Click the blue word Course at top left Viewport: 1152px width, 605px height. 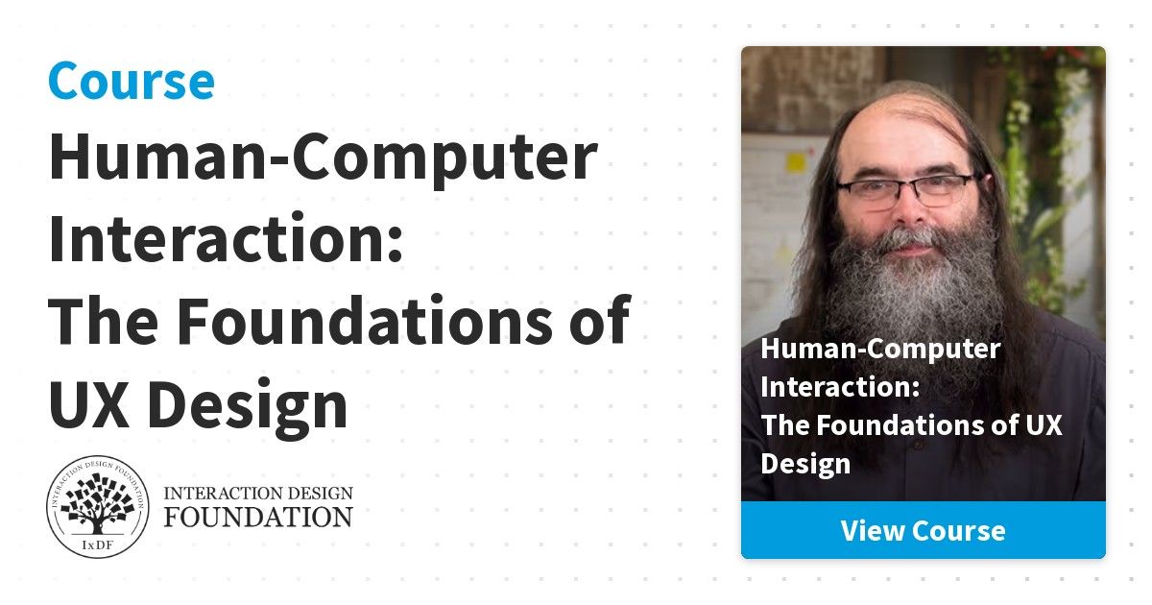click(x=132, y=81)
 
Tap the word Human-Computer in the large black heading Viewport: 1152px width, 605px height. click(x=323, y=158)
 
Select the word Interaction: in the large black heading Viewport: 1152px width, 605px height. click(x=226, y=238)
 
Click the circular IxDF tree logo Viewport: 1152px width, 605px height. click(x=98, y=506)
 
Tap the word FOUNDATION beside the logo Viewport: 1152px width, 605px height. click(x=258, y=518)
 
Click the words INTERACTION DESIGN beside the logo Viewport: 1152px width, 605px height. click(x=258, y=493)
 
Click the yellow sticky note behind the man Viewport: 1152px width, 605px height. click(x=795, y=162)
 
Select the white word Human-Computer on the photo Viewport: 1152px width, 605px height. click(x=880, y=350)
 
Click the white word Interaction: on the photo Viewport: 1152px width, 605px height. click(x=840, y=387)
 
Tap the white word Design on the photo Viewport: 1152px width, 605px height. click(x=805, y=464)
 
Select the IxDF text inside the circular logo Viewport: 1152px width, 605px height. click(x=97, y=545)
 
